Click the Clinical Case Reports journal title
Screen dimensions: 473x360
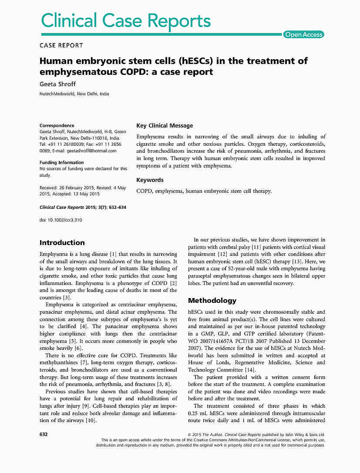126,20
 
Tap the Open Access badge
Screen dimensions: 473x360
304,35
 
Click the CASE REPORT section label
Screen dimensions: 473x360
61,45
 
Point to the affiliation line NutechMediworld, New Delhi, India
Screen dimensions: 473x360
74,94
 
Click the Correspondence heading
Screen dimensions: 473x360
57,125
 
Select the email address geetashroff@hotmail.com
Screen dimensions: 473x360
92,151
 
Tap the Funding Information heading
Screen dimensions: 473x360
62,162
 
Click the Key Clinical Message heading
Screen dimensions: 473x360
165,126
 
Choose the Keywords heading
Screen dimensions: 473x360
150,180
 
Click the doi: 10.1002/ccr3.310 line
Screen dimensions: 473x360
61,220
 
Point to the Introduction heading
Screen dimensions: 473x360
62,243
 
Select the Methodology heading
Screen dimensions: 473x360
212,301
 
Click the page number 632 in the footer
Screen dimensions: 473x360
44,434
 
